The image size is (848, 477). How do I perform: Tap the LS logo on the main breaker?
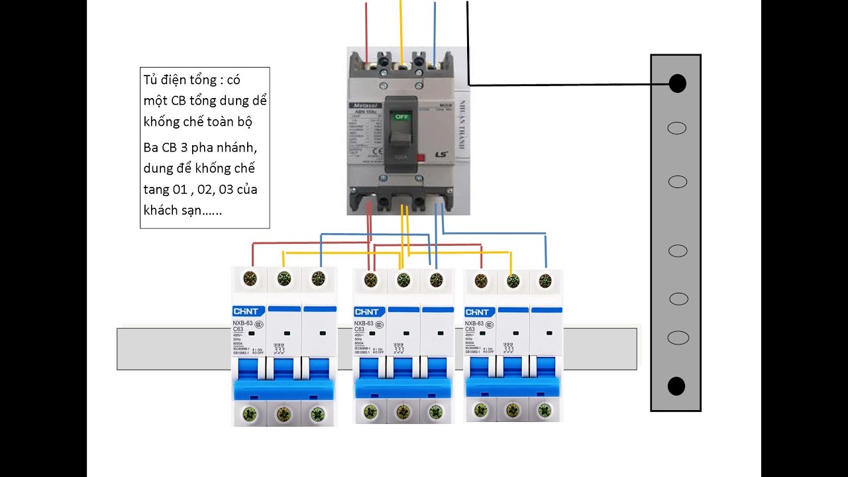tap(441, 155)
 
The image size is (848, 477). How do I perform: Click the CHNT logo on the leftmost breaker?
tap(246, 312)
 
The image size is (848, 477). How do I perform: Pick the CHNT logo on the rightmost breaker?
tap(478, 312)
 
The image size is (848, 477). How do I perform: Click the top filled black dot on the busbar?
tap(677, 83)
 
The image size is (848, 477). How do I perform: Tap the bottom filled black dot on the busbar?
tap(676, 386)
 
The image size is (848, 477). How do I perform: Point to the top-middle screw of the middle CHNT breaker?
tap(403, 280)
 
